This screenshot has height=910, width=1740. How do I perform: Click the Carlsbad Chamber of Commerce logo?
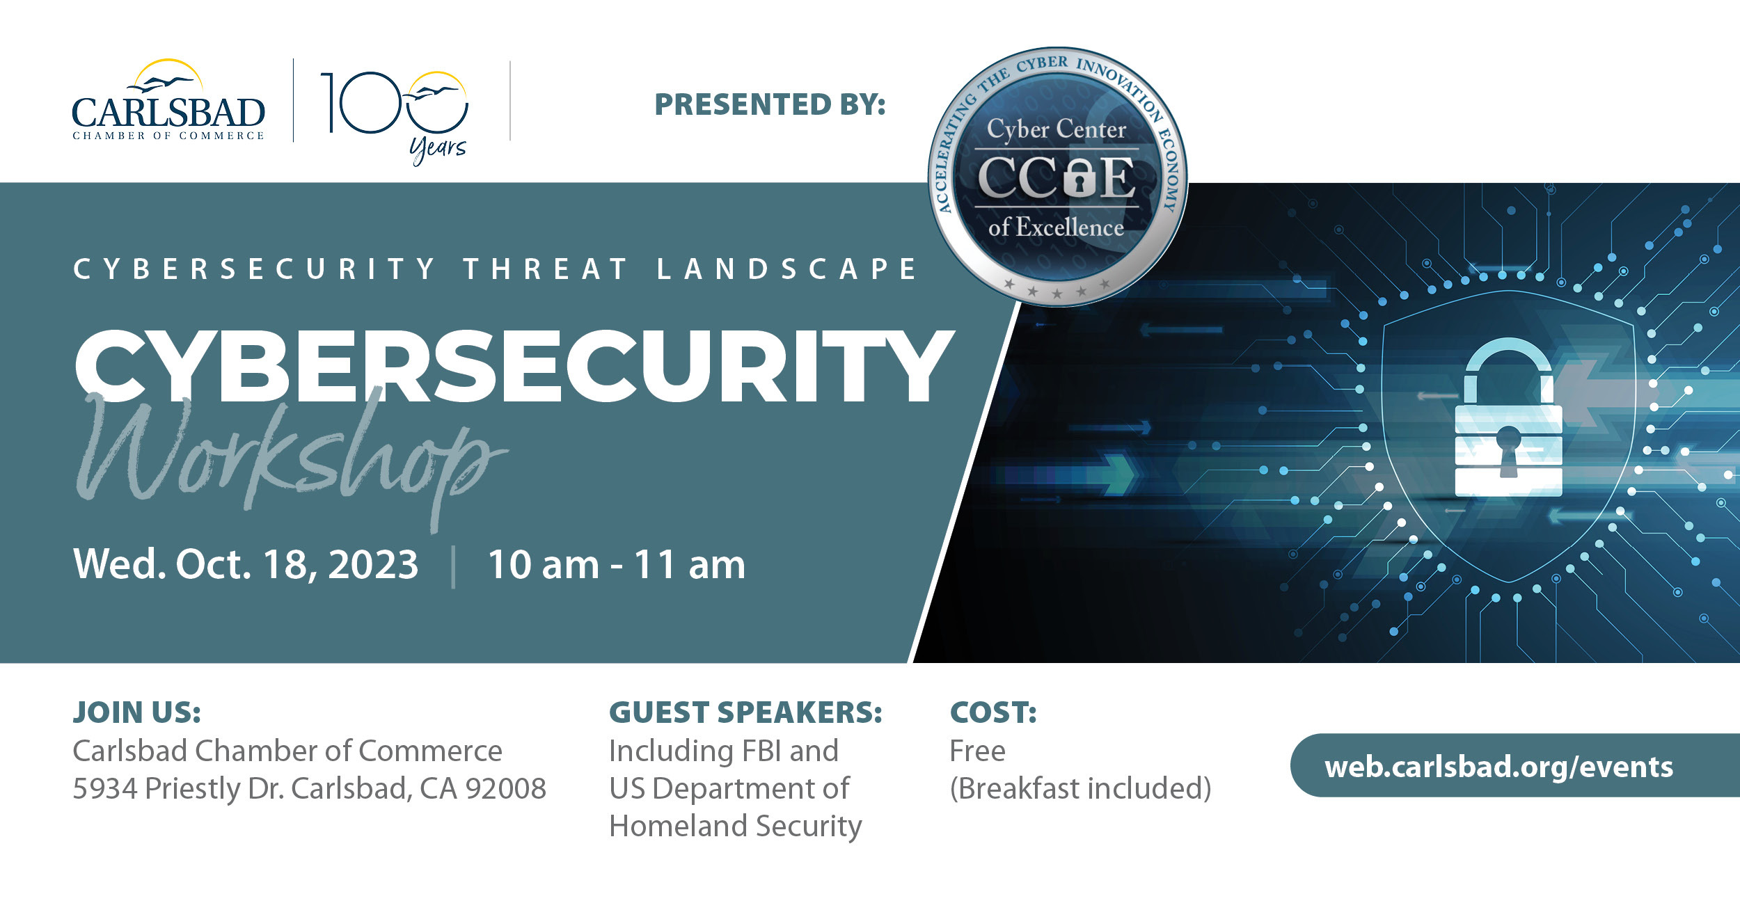168,99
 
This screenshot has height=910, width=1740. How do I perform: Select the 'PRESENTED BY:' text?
770,104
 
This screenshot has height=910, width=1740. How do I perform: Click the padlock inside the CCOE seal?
1079,177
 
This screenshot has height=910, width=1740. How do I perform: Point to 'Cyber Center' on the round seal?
1056,129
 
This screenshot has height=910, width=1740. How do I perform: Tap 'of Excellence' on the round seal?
1056,227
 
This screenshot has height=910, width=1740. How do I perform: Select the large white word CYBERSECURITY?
514,367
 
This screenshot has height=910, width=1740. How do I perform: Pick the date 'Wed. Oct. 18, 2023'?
246,564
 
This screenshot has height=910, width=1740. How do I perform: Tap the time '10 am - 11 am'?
617,564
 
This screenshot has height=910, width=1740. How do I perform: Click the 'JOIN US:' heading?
137,712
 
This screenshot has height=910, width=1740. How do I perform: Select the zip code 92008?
506,788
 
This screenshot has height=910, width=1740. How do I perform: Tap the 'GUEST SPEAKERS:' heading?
745,712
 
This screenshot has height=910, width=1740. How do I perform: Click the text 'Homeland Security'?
735,827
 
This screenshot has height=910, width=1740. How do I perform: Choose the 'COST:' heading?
993,712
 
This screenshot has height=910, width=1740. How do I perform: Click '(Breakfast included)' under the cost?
1080,789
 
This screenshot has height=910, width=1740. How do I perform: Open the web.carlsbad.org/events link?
1498,767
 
